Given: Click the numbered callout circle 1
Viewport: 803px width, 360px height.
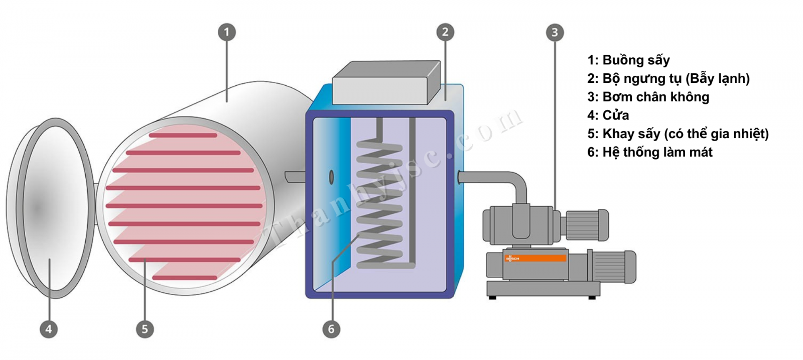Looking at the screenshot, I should click(227, 33).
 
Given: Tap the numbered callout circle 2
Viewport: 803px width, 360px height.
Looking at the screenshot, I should click(445, 33).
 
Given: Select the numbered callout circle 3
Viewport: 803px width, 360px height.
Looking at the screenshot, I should click(555, 33).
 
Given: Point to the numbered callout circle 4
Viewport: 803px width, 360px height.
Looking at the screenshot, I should click(49, 329).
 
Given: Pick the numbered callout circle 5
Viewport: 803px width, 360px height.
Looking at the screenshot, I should click(145, 329).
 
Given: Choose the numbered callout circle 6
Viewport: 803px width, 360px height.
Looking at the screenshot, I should click(331, 329).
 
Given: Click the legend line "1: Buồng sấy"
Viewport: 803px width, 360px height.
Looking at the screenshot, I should click(628, 60).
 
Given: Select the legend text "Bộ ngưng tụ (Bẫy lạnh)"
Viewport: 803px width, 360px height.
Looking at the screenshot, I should click(676, 79).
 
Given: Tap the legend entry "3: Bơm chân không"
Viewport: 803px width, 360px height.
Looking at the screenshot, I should click(648, 97).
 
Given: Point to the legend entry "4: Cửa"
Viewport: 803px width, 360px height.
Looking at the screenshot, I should click(608, 115).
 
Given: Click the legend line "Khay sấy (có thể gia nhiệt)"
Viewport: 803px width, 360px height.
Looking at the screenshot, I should click(685, 134).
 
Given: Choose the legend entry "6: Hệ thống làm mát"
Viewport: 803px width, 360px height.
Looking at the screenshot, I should click(649, 152).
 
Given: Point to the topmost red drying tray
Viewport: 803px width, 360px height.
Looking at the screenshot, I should click(183, 135).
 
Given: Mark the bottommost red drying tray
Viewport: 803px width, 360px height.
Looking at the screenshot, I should click(185, 278).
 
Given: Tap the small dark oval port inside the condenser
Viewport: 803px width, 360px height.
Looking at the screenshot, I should click(331, 177).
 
